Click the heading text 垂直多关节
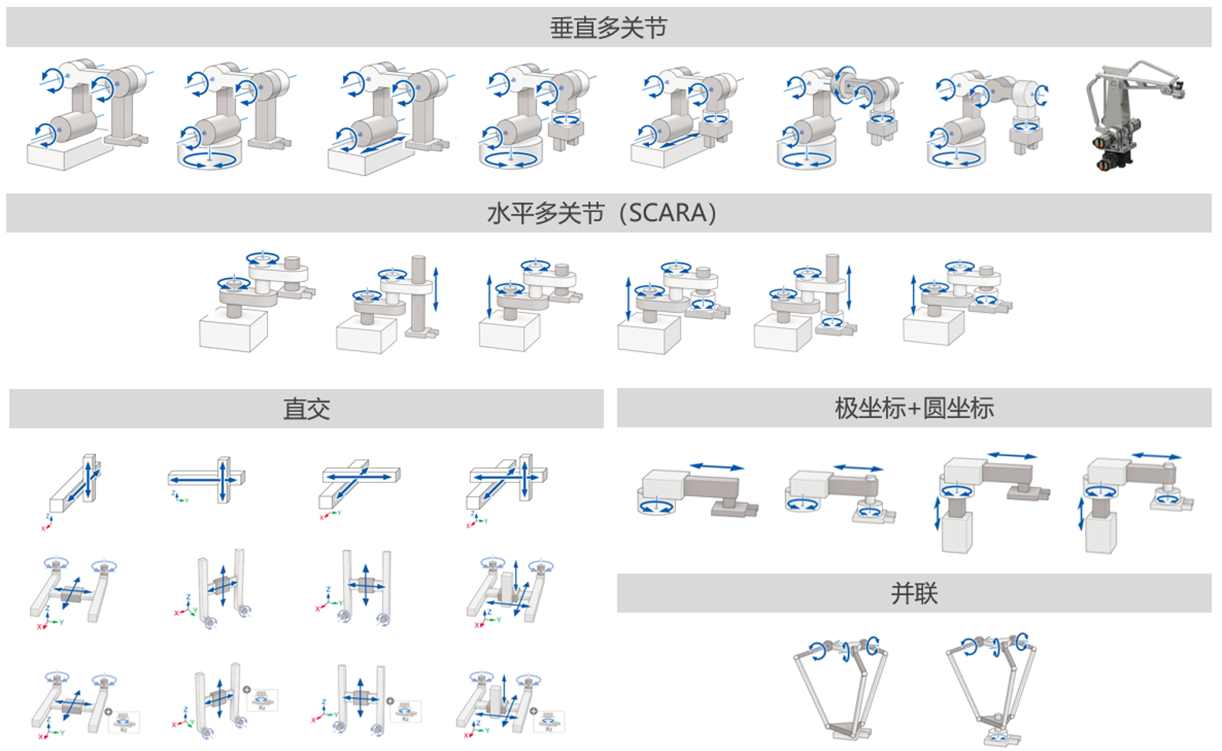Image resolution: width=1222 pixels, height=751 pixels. pyautogui.click(x=608, y=28)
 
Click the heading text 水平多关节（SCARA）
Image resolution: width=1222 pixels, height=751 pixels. pyautogui.click(x=602, y=213)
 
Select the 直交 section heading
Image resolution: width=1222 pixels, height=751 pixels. pyautogui.click(x=306, y=409)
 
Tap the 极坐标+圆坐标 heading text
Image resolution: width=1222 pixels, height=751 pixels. pyautogui.click(x=914, y=408)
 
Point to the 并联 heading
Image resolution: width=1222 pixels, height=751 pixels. pyautogui.click(x=914, y=594)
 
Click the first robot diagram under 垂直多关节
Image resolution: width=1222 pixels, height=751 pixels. pyautogui.click(x=87, y=115)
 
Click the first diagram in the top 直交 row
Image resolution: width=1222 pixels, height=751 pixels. pyautogui.click(x=74, y=488)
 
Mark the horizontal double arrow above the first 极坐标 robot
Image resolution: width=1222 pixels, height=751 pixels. pyautogui.click(x=717, y=467)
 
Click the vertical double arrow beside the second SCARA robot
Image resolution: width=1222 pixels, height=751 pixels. pyautogui.click(x=437, y=289)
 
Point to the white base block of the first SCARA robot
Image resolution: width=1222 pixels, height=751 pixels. pyautogui.click(x=232, y=331)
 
